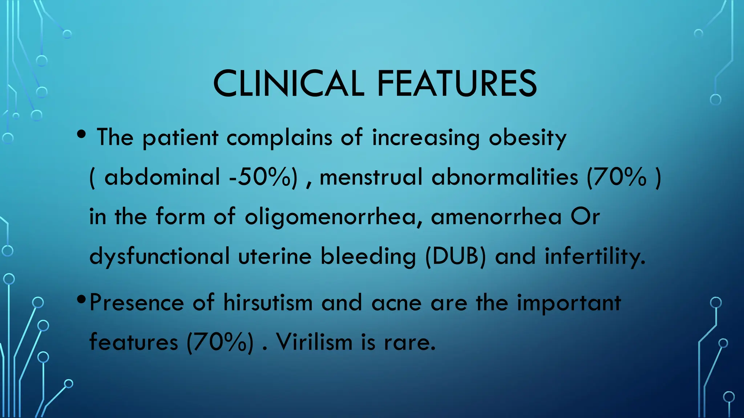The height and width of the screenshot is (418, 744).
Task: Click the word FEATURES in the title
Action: [457, 84]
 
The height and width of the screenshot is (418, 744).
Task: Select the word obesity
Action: [527, 138]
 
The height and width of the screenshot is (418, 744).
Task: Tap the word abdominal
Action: [162, 177]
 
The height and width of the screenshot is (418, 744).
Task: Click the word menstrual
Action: [371, 177]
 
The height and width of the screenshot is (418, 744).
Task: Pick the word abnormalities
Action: [505, 177]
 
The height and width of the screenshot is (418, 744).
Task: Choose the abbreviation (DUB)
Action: [455, 256]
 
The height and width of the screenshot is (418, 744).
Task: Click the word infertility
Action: [595, 256]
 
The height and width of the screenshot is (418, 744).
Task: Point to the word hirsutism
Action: [268, 303]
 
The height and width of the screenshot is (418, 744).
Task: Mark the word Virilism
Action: [314, 342]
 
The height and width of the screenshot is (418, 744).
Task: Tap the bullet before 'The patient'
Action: [82, 134]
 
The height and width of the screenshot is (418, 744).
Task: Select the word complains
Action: [279, 138]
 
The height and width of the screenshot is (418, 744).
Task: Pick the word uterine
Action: [275, 256]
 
